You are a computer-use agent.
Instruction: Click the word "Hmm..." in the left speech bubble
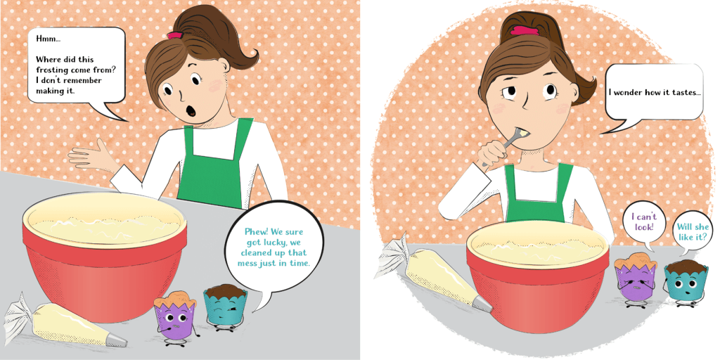pyautogui.click(x=49, y=39)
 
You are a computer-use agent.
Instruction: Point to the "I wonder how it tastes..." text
pyautogui.click(x=655, y=92)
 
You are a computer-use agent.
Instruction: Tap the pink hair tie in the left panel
pyautogui.click(x=175, y=35)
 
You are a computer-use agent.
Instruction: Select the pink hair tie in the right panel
pyautogui.click(x=525, y=31)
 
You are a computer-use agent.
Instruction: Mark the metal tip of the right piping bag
pyautogui.click(x=482, y=303)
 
